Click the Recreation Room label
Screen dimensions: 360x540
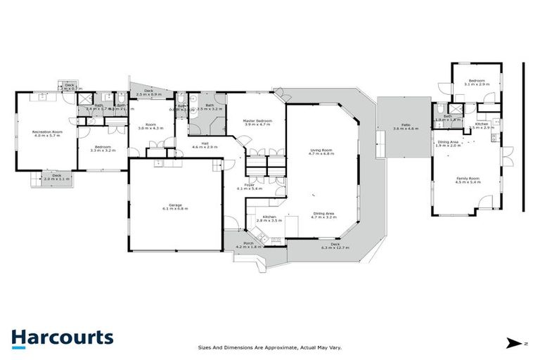(x=49, y=131)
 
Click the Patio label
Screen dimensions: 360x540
(x=401, y=126)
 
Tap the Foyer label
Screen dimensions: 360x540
(x=250, y=185)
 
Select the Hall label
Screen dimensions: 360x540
(x=205, y=143)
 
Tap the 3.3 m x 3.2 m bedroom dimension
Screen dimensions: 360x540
(x=103, y=150)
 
